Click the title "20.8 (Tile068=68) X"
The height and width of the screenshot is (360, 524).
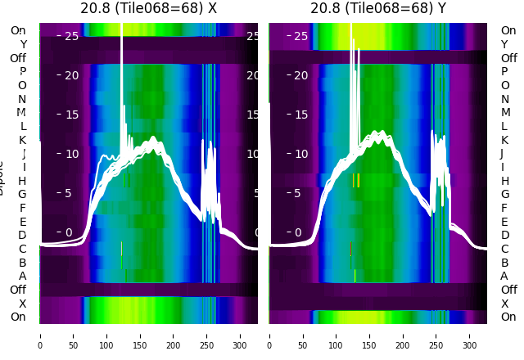tap(149, 9)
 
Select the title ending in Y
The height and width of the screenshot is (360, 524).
tap(378, 9)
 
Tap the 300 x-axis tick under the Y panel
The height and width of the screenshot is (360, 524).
tap(470, 335)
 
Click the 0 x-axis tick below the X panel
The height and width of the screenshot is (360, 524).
tap(40, 335)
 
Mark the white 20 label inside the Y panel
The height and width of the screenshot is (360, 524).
tap(300, 75)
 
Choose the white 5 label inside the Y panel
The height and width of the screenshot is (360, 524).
tap(303, 194)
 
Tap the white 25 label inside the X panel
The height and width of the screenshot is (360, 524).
tap(70, 36)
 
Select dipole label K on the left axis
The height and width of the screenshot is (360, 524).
tap(23, 140)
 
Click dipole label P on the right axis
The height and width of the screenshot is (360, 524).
tap(504, 71)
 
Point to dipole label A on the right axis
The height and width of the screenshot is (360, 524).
tap(504, 276)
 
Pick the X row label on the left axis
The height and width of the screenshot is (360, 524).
tap(23, 304)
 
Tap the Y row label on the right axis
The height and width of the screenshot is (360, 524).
tap(504, 44)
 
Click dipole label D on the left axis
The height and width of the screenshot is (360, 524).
tap(23, 235)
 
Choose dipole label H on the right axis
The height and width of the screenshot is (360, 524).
tap(504, 181)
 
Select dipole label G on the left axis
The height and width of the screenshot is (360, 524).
tap(23, 194)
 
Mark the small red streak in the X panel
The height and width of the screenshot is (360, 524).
tap(121, 247)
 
